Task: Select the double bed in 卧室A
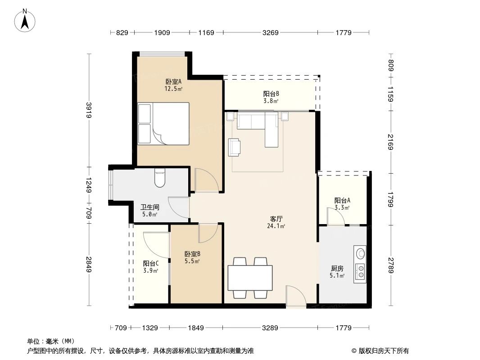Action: tap(163, 124)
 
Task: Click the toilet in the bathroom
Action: tap(160, 178)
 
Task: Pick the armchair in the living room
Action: tap(235, 147)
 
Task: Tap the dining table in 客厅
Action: tap(250, 278)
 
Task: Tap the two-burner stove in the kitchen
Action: tap(360, 272)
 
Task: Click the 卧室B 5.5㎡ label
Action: tap(192, 257)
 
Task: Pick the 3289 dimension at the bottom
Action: tap(270, 328)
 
